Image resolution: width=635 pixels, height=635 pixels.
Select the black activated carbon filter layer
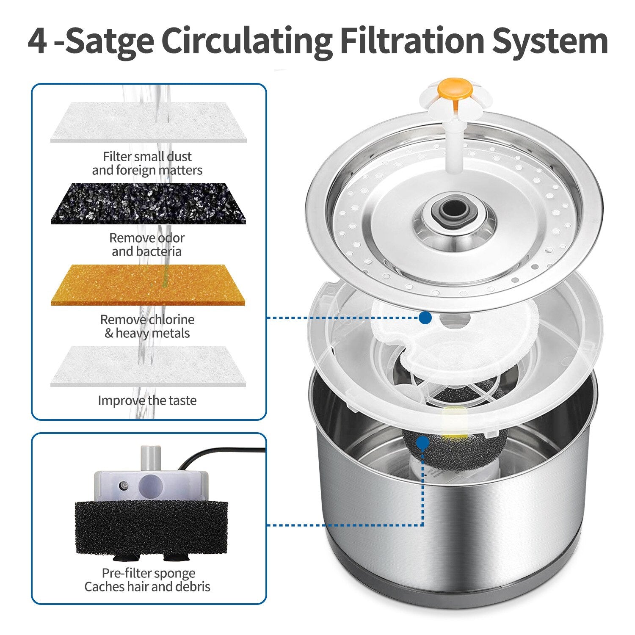[148, 204]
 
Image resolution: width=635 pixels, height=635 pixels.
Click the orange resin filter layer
[148, 285]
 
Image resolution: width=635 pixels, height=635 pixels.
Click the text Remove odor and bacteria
[147, 244]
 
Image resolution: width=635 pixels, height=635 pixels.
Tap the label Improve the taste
[147, 400]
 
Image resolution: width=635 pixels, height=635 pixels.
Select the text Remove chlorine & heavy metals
[147, 326]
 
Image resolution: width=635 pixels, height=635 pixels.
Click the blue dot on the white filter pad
[425, 317]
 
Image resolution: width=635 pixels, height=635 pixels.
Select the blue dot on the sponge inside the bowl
[422, 443]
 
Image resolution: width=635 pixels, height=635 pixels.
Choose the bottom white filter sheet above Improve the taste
[148, 366]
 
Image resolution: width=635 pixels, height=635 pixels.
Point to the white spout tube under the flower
[454, 144]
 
